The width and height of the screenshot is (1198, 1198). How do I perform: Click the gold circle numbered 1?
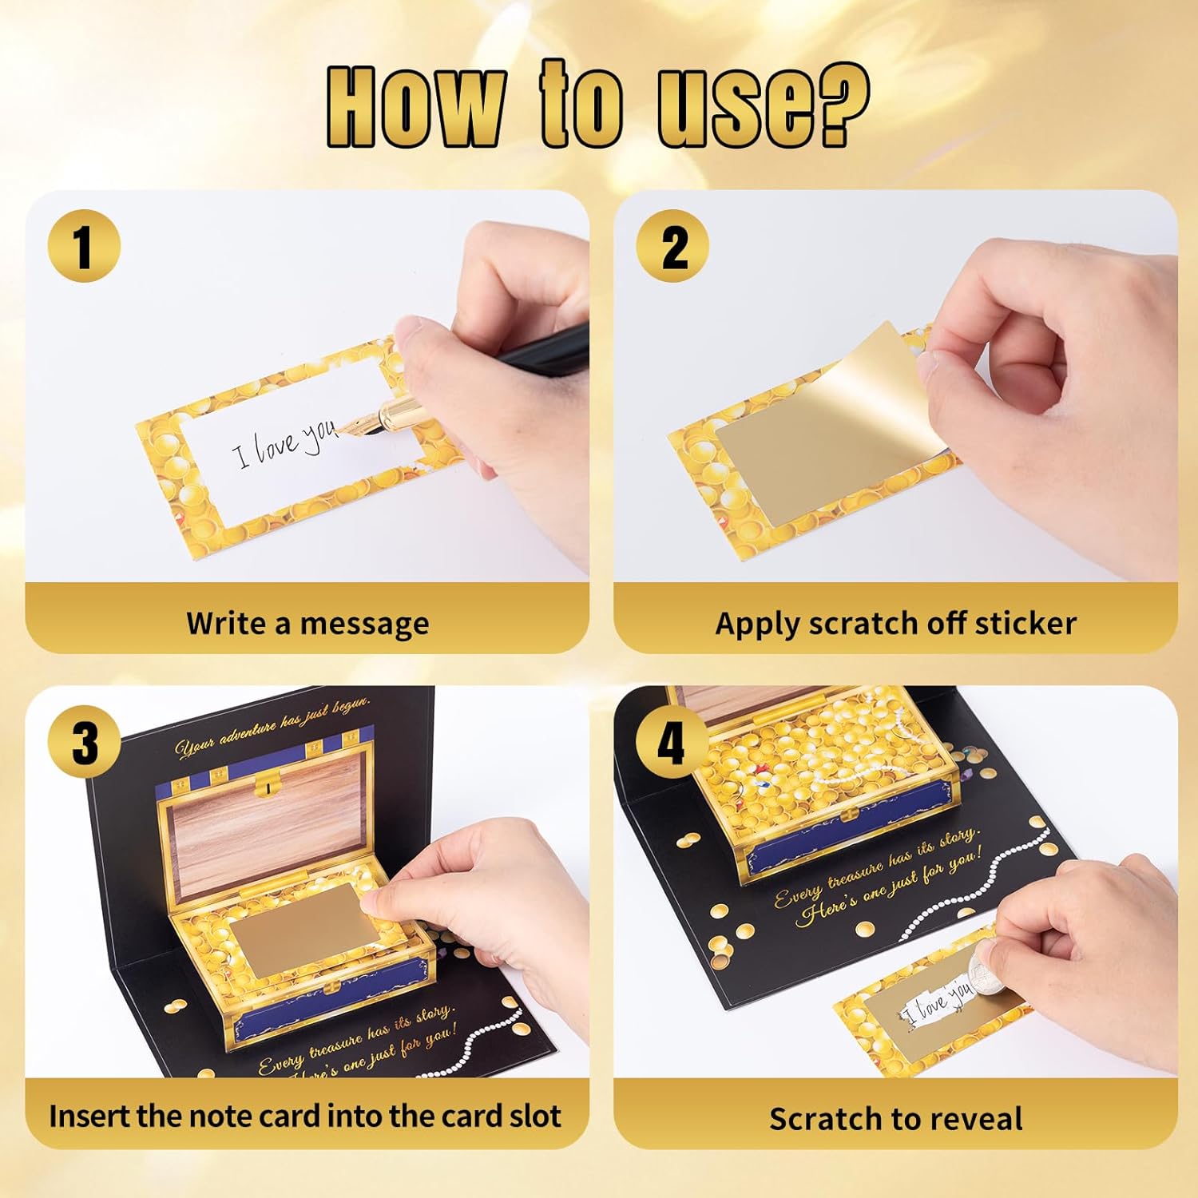(x=84, y=245)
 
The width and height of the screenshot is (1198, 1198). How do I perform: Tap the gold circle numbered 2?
(x=672, y=245)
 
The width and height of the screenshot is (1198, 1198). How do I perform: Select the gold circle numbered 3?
(x=84, y=742)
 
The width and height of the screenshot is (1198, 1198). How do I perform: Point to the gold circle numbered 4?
(x=672, y=742)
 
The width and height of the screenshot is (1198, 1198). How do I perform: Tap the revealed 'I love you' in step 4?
(x=939, y=1002)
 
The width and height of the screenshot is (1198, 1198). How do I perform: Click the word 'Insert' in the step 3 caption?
(x=90, y=1115)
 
